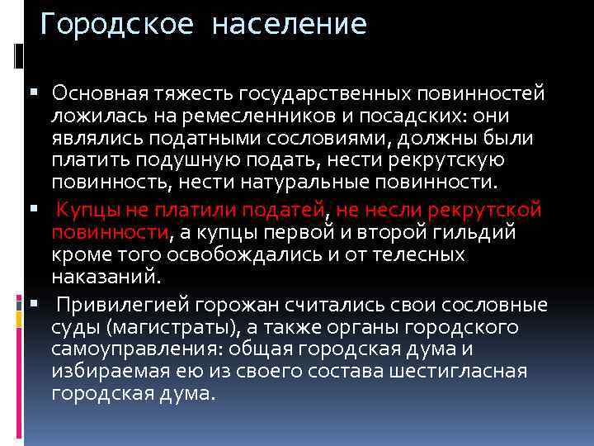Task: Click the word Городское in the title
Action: [117, 24]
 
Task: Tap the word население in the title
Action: [289, 24]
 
